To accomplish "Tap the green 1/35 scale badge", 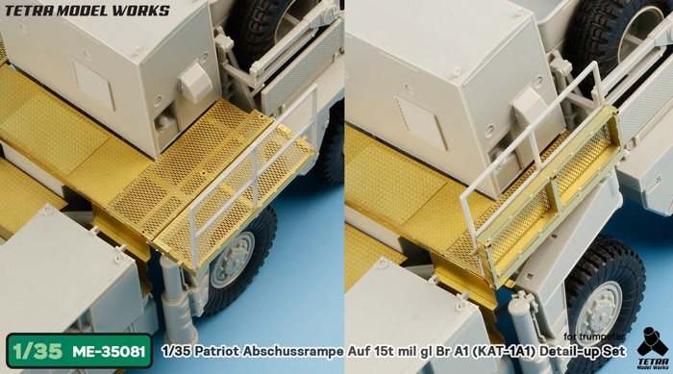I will point(34,351).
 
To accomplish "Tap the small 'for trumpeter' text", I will point(591,336).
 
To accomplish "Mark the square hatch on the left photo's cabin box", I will point(93,72).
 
